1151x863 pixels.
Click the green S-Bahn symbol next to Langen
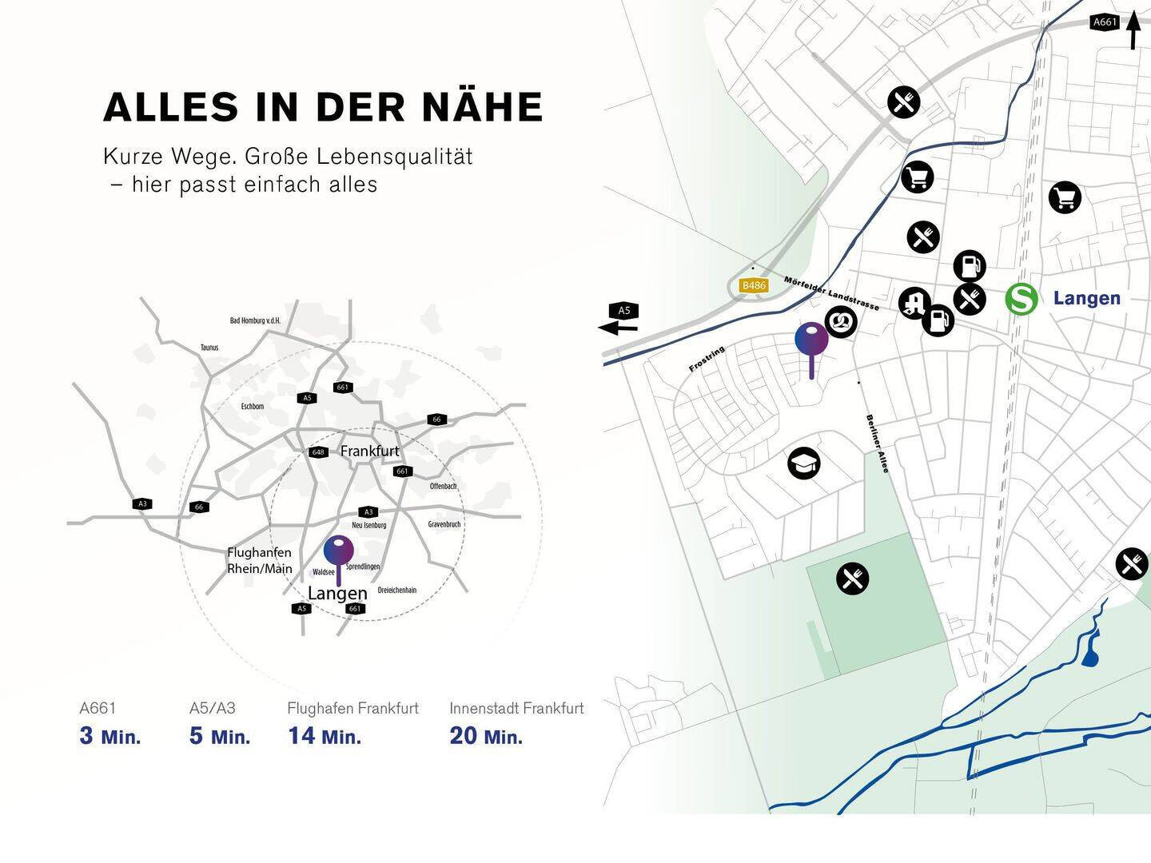tap(1021, 299)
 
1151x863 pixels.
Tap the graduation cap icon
tap(803, 463)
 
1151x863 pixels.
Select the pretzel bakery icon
tap(841, 322)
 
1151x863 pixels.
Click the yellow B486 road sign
tap(754, 285)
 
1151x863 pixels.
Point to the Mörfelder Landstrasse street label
tap(831, 293)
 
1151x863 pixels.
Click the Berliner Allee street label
tap(877, 443)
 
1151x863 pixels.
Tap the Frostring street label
tap(707, 360)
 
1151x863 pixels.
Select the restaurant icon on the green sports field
tap(852, 578)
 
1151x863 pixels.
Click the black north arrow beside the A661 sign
tap(1133, 30)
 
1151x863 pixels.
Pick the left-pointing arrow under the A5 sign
tap(619, 326)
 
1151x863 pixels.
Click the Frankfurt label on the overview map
tap(369, 451)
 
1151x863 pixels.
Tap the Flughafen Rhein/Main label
tap(259, 561)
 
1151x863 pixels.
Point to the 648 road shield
tap(318, 452)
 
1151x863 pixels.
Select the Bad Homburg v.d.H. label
tap(255, 321)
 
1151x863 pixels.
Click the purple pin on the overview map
tap(338, 551)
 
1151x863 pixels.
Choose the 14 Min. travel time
tap(325, 736)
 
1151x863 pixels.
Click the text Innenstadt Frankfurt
tap(516, 708)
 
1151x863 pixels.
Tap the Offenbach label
tap(443, 487)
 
